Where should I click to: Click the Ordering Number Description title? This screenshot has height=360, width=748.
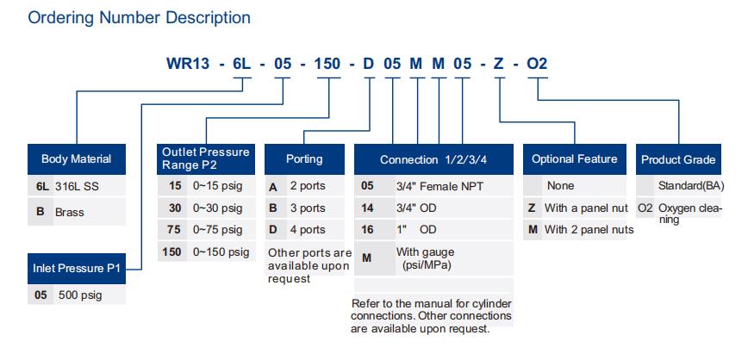point(140,17)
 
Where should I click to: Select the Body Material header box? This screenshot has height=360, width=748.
point(77,159)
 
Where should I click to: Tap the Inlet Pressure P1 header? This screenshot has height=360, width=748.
point(77,269)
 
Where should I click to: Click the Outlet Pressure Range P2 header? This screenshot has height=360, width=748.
point(206,159)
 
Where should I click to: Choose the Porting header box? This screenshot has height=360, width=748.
point(304,159)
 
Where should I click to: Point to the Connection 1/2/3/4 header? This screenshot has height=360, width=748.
point(433,159)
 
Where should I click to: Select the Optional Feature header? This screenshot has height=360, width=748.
point(574,159)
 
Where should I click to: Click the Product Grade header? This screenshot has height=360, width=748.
point(678,159)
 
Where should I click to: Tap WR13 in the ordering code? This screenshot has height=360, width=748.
point(188,64)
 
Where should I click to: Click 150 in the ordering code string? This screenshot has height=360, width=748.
point(327,64)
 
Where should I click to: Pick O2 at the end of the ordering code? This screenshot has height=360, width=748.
point(537,64)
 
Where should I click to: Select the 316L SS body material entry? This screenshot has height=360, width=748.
point(78,186)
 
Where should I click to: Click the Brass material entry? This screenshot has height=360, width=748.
point(69,212)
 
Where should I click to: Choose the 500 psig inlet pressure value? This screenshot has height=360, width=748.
point(80,295)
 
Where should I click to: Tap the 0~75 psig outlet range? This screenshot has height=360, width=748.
point(217,230)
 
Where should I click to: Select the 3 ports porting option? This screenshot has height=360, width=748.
point(308,208)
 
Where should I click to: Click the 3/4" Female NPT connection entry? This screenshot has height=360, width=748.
point(439,186)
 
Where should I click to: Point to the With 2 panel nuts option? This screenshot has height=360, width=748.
point(589,230)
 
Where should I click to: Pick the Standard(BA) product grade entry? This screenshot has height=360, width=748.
point(691,185)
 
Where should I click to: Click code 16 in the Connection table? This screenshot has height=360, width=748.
point(367,230)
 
